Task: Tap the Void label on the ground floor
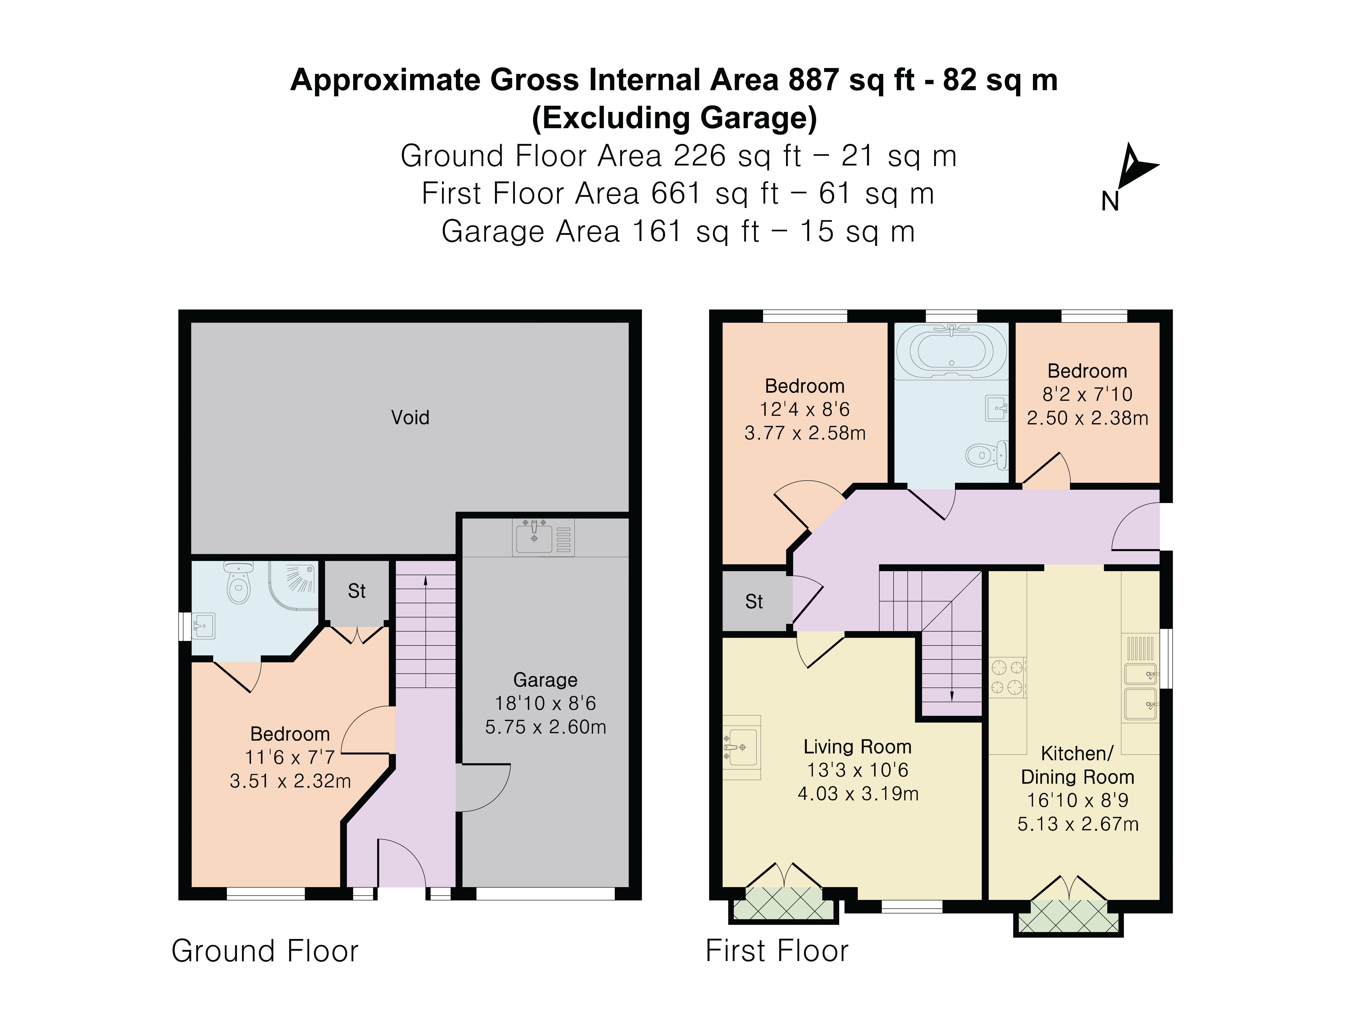point(410,417)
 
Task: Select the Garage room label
point(545,680)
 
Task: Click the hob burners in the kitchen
point(1007,677)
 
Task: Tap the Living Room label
point(857,747)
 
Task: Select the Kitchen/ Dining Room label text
point(1077,765)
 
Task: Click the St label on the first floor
point(754,602)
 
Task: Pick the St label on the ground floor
point(357,591)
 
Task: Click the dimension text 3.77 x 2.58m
point(805,433)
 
